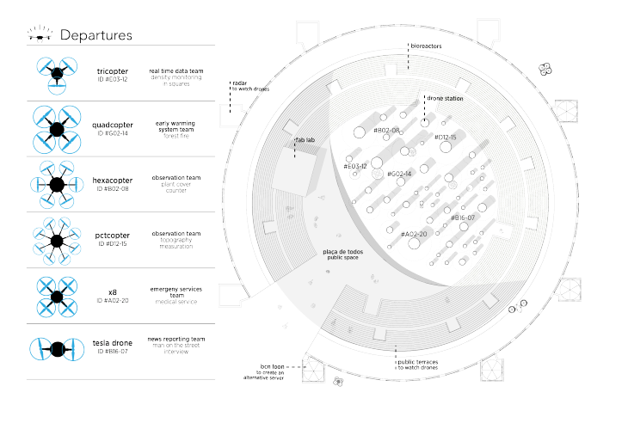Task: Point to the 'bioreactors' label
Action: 425,47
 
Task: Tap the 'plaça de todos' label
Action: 342,252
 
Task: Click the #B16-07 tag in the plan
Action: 467,218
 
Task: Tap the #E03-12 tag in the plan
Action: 355,165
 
